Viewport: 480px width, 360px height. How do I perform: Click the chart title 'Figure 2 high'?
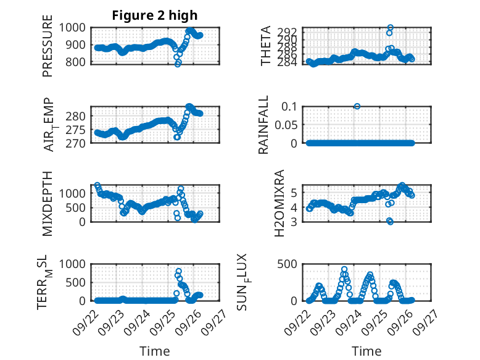(x=155, y=15)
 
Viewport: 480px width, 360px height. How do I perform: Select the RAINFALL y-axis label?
(x=263, y=125)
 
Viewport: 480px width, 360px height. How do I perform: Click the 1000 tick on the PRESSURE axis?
(x=77, y=28)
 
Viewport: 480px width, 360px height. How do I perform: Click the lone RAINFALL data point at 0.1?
(x=357, y=106)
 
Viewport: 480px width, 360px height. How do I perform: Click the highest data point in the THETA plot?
(x=390, y=28)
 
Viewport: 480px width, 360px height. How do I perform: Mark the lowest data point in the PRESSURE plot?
(x=178, y=64)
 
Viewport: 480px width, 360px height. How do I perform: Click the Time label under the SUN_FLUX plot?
(x=366, y=351)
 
